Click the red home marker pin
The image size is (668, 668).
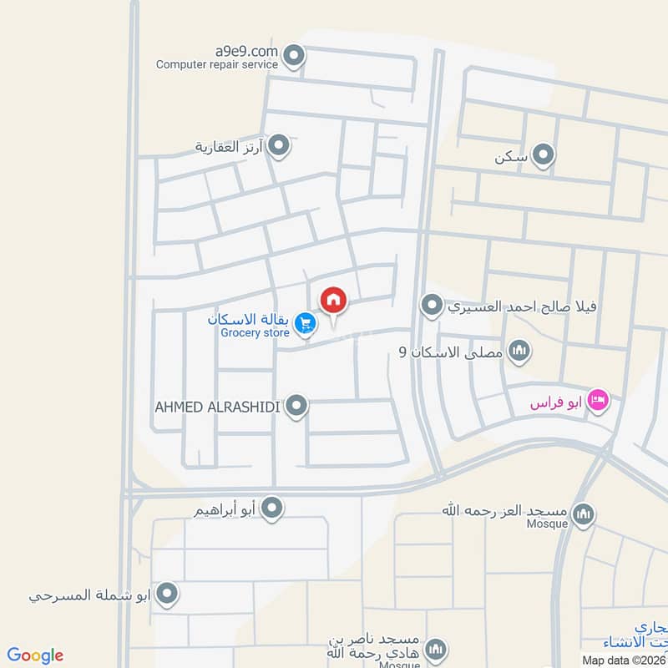point(334,300)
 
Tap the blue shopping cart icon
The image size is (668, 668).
point(306,321)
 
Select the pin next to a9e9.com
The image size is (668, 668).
point(293,57)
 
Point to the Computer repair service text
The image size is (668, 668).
point(216,63)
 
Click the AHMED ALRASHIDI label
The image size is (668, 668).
point(216,407)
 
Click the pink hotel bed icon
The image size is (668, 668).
point(599,401)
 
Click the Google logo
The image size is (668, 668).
point(35,655)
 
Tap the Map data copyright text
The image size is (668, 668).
point(625,660)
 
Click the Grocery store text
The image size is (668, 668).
point(255,333)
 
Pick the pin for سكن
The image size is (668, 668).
point(544,155)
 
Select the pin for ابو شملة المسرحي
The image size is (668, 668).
point(168,595)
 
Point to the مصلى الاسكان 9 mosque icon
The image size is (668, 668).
point(519,351)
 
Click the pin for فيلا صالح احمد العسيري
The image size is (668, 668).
point(432,306)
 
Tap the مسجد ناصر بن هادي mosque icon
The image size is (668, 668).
point(435,649)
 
